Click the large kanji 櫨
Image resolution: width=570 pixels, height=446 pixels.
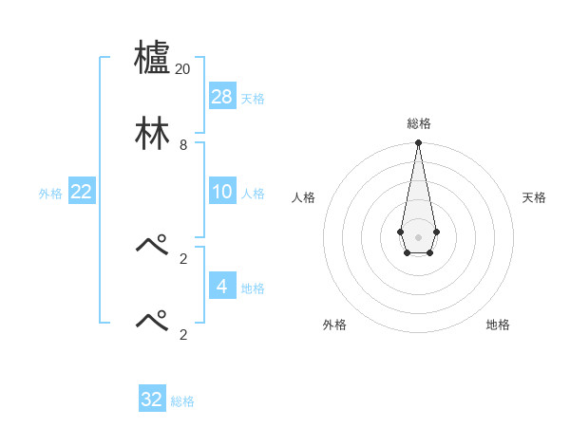coord(153,59)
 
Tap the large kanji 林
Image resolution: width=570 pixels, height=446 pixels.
coord(153,134)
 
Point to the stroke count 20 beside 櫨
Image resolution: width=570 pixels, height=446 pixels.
coord(182,69)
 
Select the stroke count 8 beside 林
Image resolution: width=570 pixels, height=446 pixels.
coord(183,145)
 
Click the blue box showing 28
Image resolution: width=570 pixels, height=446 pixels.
coord(222,97)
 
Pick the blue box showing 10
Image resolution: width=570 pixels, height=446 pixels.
coord(222,192)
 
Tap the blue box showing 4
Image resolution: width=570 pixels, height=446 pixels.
coord(222,286)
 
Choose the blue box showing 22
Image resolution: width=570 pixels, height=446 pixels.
coord(82,192)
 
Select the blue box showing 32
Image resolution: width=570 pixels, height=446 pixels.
coord(152,400)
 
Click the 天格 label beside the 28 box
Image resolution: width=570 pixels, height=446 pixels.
coord(253,99)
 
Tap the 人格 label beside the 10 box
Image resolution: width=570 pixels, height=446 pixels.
coord(253,194)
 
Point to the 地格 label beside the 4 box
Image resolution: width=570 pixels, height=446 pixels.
coord(253,288)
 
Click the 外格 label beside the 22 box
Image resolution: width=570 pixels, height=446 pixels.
coord(50,194)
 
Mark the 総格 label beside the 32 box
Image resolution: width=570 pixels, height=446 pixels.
coord(182,401)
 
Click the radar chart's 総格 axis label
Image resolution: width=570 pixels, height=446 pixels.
coord(419,123)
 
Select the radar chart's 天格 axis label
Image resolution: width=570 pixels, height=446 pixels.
coord(534,197)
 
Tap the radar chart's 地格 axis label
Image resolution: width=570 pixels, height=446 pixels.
coord(498,325)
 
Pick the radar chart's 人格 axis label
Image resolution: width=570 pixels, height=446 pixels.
coord(304,197)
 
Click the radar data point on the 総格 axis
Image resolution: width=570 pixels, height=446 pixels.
coord(418,143)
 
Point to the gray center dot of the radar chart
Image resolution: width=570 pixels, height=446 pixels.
coord(418,236)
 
